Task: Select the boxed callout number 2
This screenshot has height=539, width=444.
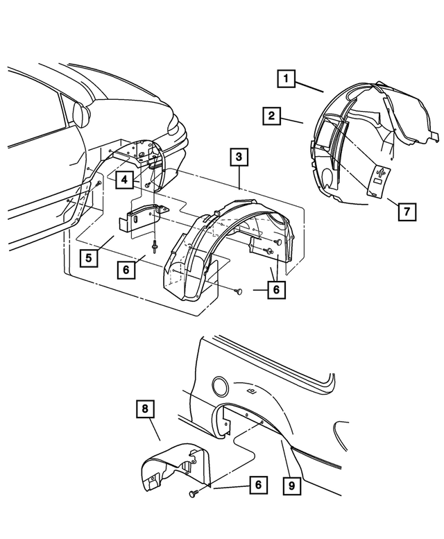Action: [x=272, y=116]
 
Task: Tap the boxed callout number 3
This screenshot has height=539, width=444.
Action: [x=238, y=158]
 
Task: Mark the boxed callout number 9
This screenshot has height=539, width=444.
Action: [x=292, y=486]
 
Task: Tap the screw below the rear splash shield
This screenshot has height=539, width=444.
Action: [x=193, y=493]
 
